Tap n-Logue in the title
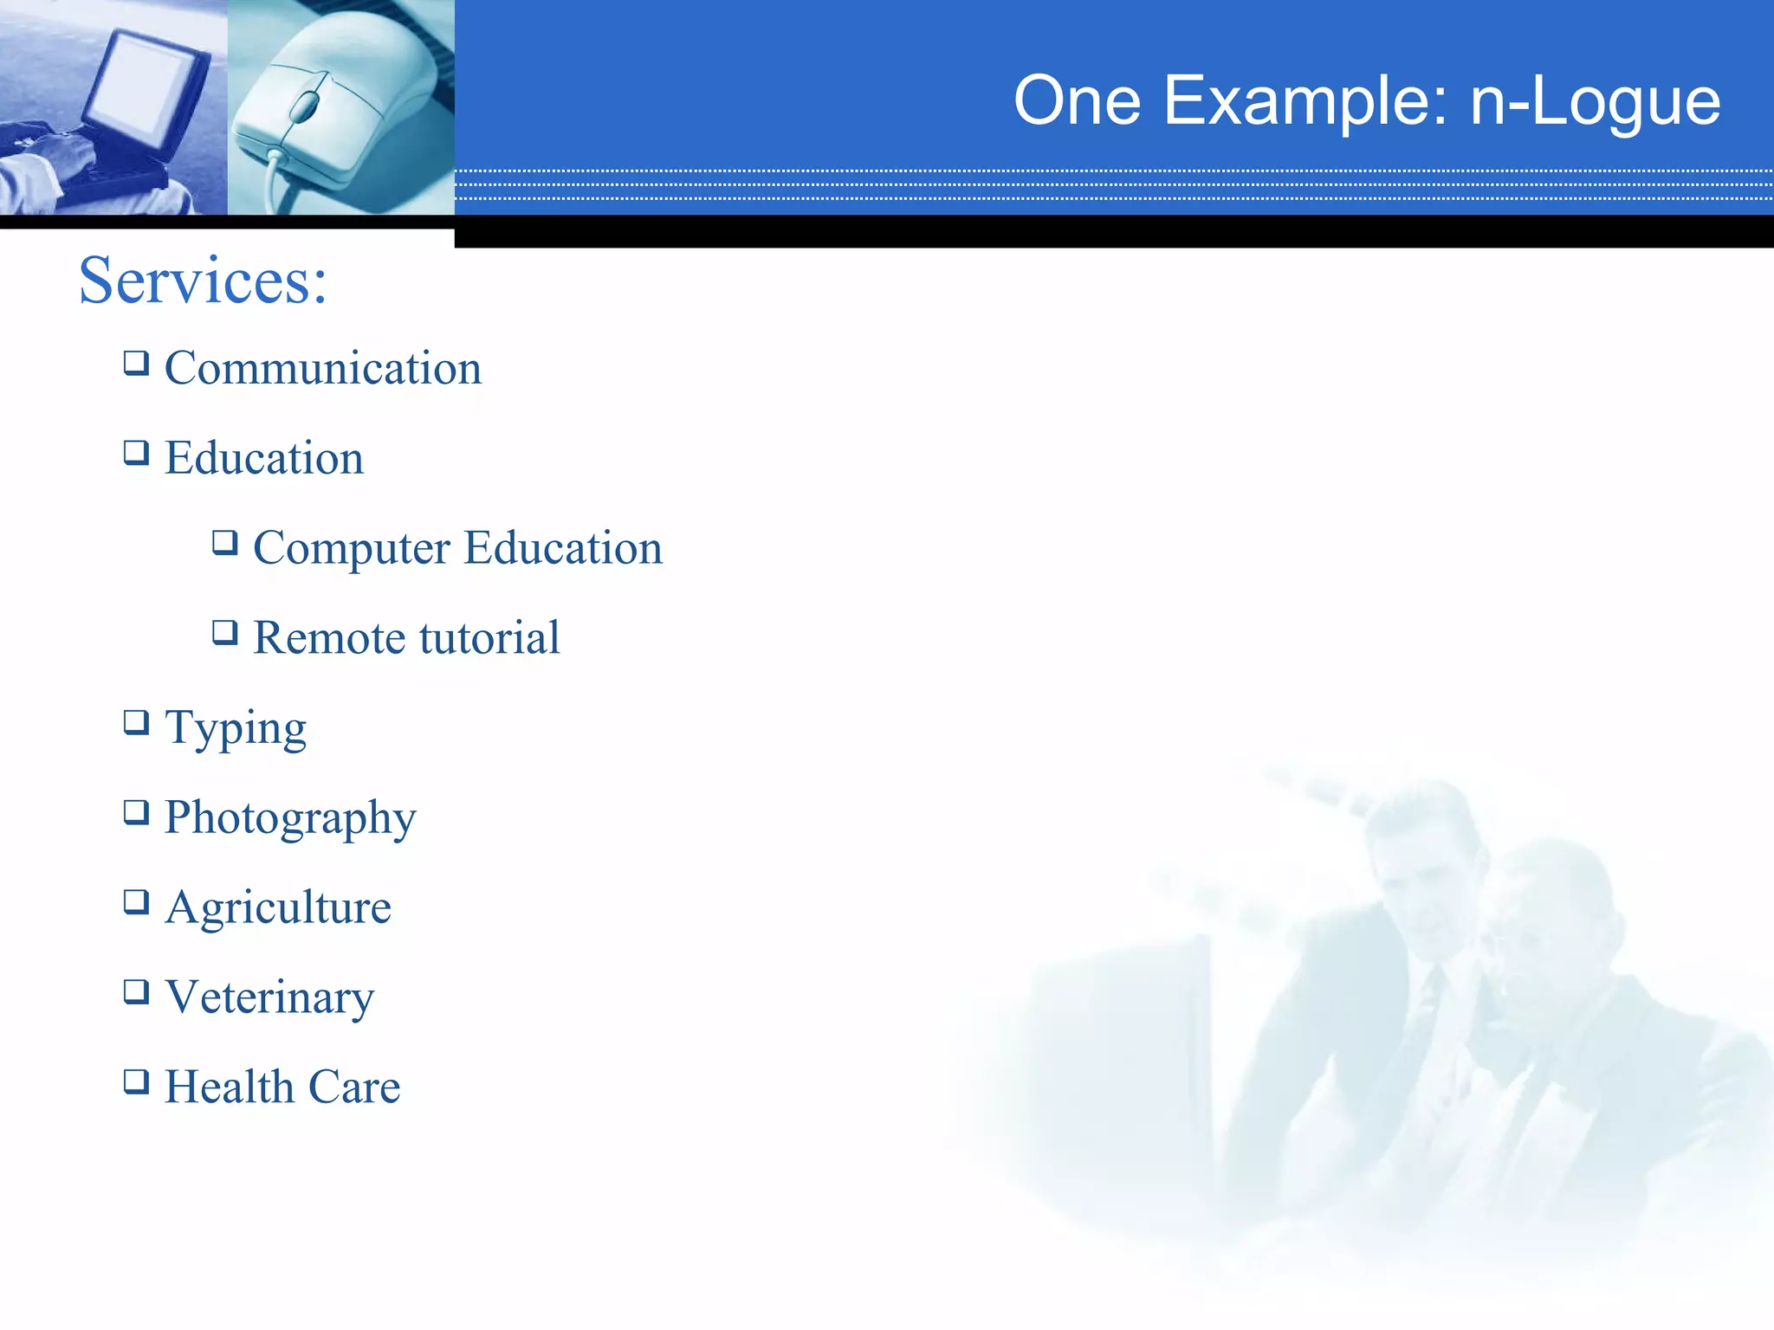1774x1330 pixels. tap(1596, 101)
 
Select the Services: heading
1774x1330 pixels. tap(203, 281)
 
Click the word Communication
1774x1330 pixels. tap(322, 368)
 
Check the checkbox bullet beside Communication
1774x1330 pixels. tap(136, 362)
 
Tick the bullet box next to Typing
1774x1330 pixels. tap(136, 721)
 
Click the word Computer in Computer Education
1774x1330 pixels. tap(352, 548)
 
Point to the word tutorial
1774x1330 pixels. tap(489, 638)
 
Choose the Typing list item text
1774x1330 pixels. tap(236, 728)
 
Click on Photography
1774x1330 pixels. tap(290, 817)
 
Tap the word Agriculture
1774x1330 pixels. tap(278, 907)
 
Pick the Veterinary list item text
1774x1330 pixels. tap(269, 997)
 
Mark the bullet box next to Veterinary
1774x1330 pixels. tap(136, 991)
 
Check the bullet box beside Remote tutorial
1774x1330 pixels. tap(225, 632)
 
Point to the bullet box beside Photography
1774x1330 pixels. tap(136, 811)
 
